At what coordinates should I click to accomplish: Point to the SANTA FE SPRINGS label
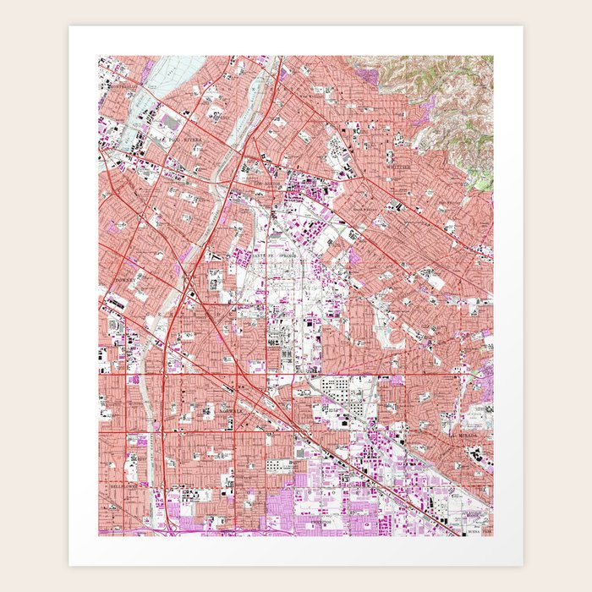[x=279, y=254]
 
